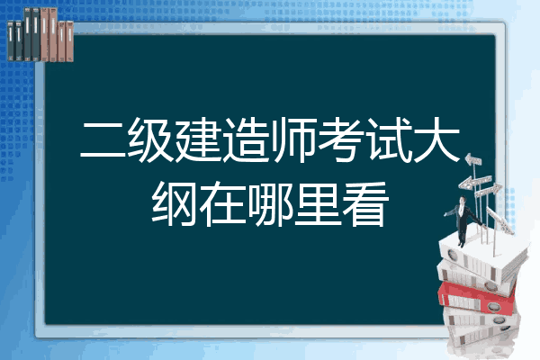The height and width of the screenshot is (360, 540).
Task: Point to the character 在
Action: pyautogui.click(x=222, y=203)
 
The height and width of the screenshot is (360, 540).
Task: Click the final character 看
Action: pyautogui.click(x=365, y=203)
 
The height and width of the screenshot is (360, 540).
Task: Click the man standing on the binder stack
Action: pyautogui.click(x=463, y=220)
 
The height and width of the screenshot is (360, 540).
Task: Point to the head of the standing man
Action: pyautogui.click(x=463, y=200)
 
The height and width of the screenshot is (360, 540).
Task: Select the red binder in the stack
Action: pyautogui.click(x=477, y=297)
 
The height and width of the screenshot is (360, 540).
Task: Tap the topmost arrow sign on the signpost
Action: pyautogui.click(x=473, y=160)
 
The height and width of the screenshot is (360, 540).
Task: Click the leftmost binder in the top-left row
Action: pyautogui.click(x=11, y=40)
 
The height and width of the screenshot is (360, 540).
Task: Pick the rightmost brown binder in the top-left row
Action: pyautogui.click(x=69, y=41)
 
